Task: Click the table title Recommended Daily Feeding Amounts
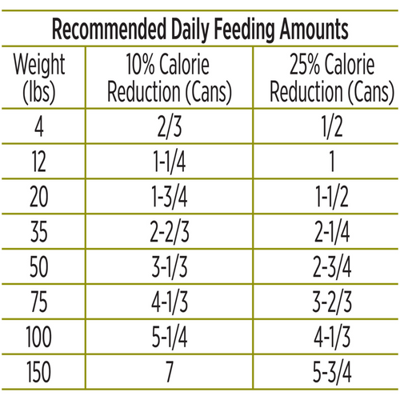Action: pos(200,30)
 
